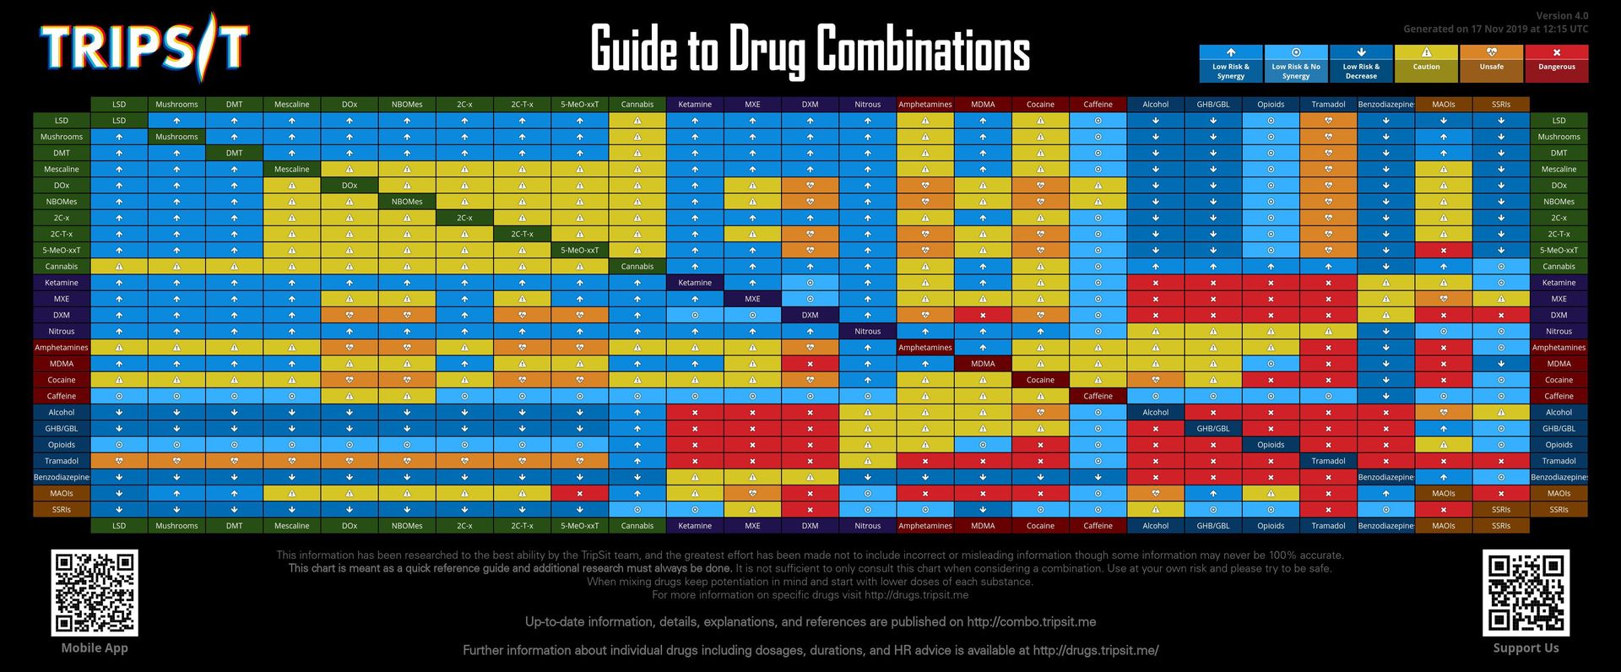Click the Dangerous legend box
pos(1556,63)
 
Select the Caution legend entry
pos(1426,63)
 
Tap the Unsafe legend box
pos(1491,63)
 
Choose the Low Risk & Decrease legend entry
pos(1361,63)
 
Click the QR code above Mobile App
pos(95,593)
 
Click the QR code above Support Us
pos(1526,593)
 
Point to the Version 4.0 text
pos(1561,16)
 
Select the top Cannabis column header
pos(637,105)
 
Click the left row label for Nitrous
pos(62,331)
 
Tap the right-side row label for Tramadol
pos(1559,461)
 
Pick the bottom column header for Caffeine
pos(1098,526)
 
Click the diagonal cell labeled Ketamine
pos(695,283)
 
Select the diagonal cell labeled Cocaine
pos(1040,380)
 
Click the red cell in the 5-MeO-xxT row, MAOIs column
pos(1443,251)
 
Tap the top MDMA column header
pos(983,105)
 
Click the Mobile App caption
pos(95,648)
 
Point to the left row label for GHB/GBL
pos(62,429)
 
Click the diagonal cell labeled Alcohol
pos(1155,413)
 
